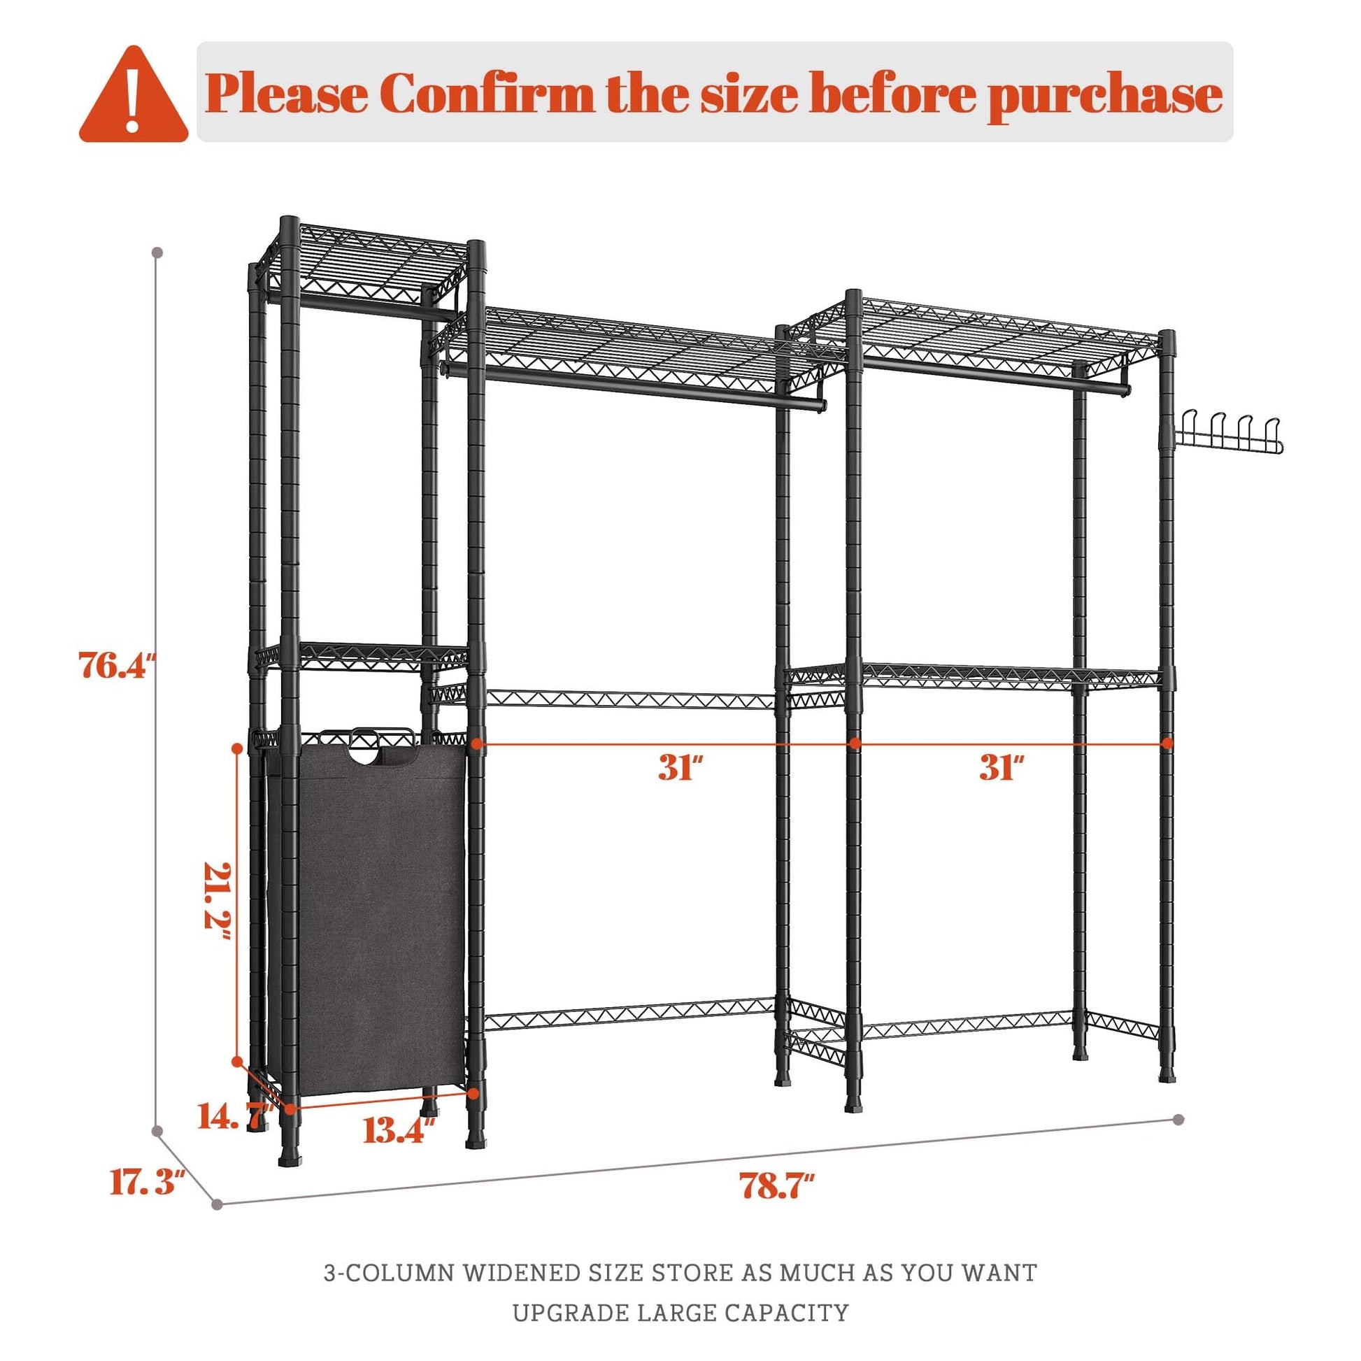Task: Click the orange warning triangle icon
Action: (x=133, y=97)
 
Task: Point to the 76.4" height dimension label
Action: (x=116, y=665)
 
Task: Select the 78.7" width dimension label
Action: (x=777, y=1185)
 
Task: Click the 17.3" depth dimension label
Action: (x=148, y=1181)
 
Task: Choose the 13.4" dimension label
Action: (x=399, y=1131)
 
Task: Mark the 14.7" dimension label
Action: (x=234, y=1116)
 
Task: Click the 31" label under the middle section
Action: (x=680, y=767)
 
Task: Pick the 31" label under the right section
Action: (x=1001, y=767)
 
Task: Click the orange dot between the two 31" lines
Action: (x=855, y=743)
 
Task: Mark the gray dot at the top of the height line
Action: (x=158, y=252)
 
